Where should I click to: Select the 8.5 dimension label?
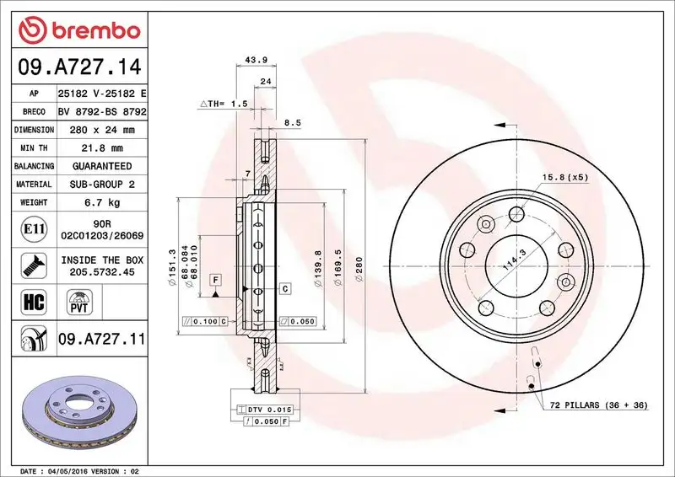coord(293,122)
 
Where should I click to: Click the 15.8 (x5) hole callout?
coord(566,177)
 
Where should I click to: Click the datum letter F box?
coord(216,278)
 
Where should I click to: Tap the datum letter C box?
coord(285,289)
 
